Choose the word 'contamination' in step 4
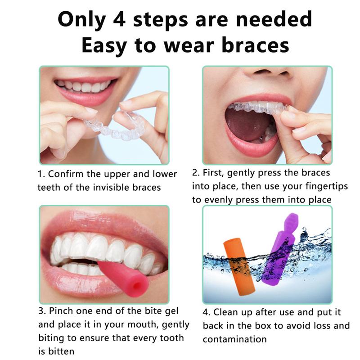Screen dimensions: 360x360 click(x=234, y=339)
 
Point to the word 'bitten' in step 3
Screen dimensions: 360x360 click(x=61, y=351)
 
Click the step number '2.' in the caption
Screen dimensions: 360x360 click(x=195, y=173)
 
